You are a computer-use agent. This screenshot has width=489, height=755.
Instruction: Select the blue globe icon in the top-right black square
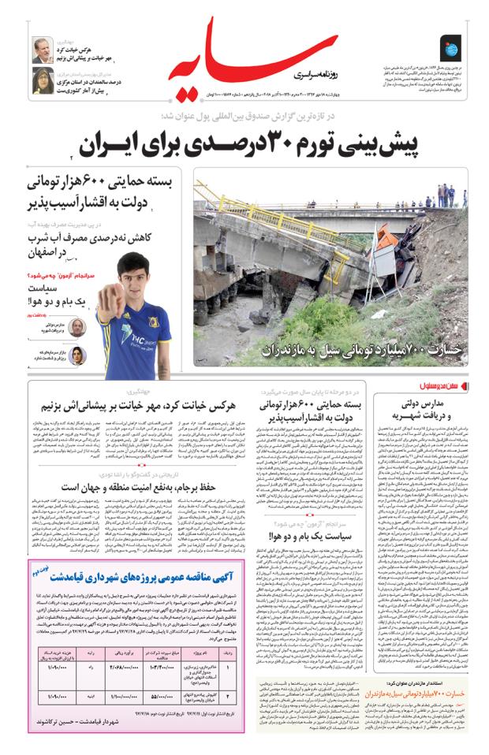451,49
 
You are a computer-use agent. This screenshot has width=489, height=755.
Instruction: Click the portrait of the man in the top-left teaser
43,49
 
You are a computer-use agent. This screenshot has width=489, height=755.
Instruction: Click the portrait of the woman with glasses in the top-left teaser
43,80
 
